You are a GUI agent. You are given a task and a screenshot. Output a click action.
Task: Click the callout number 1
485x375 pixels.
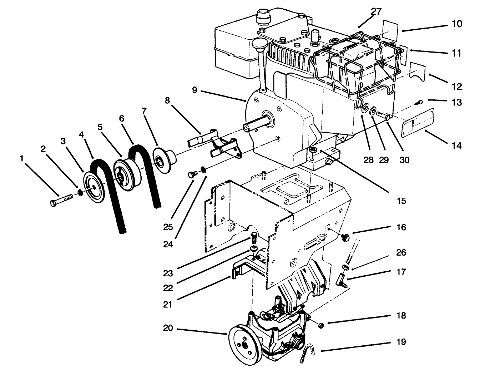[x=22, y=158]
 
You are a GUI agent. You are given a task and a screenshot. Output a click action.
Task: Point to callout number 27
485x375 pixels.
[x=376, y=11]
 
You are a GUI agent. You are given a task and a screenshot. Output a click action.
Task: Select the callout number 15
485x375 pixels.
[x=401, y=201]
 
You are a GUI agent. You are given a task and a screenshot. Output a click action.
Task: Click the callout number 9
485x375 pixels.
[x=194, y=90]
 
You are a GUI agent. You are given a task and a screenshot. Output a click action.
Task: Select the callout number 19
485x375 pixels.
[x=401, y=342]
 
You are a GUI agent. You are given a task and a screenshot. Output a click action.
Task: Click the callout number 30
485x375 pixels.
[x=404, y=160]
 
